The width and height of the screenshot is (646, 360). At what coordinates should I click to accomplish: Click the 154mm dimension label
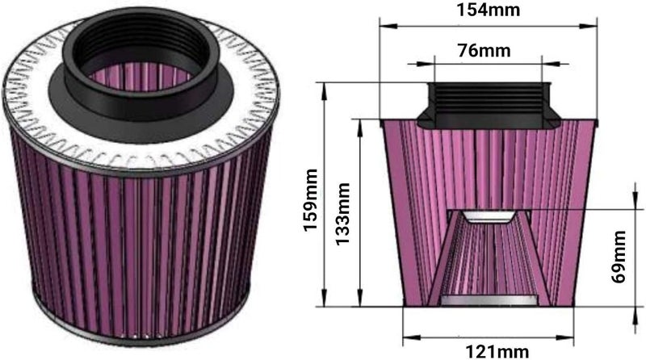tap(488, 10)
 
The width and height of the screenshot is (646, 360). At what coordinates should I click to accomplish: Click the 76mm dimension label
tap(484, 50)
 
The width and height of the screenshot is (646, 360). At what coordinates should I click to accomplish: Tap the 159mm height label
tap(310, 199)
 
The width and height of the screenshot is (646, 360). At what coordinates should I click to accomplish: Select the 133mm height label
tap(342, 214)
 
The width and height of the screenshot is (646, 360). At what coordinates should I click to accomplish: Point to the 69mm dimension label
tap(618, 257)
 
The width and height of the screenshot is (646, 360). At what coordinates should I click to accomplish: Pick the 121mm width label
tap(497, 351)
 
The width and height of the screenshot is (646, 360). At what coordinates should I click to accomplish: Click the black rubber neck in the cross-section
tap(489, 105)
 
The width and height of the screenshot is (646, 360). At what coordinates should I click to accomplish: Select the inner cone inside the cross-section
tap(489, 257)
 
